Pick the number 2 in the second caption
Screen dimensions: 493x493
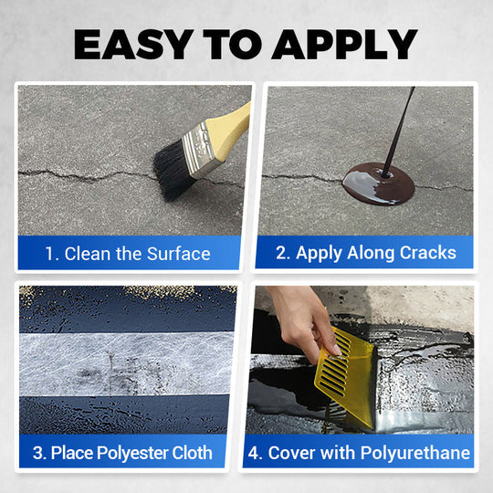click(284, 253)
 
